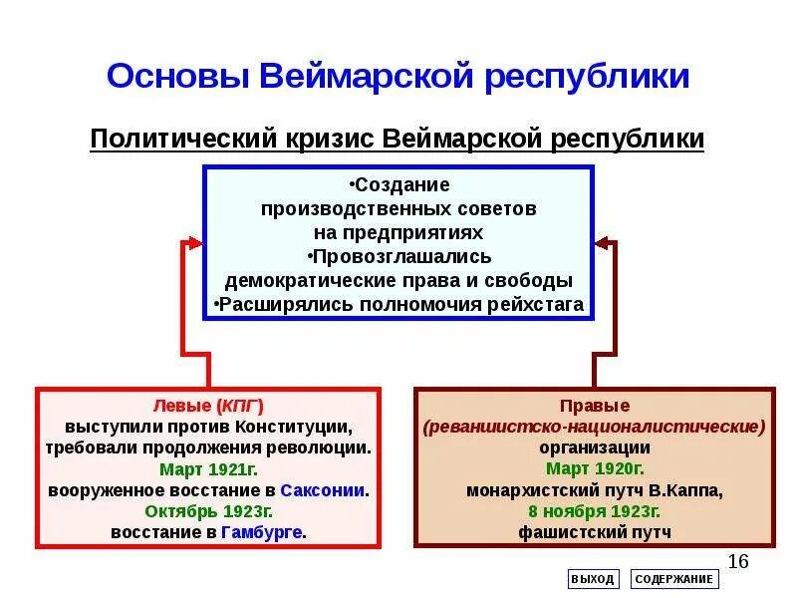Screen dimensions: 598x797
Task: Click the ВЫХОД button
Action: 594,579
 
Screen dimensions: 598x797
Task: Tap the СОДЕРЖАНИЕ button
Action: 674,579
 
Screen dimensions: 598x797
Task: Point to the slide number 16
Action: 738,560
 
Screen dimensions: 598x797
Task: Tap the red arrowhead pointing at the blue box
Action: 192,241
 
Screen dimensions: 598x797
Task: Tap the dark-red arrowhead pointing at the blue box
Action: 606,241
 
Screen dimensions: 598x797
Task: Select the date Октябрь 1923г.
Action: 207,511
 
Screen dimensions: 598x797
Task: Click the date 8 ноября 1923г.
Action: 595,511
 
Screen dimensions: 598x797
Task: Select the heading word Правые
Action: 595,406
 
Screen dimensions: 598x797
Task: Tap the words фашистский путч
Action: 595,532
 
